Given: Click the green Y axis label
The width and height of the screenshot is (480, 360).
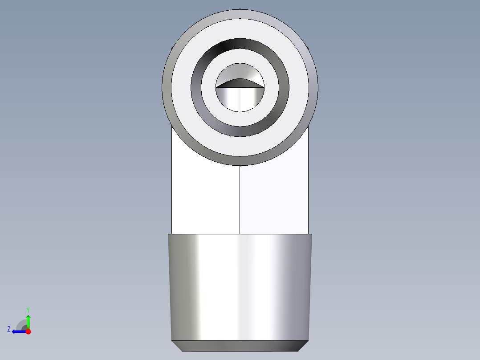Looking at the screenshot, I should tap(28, 309).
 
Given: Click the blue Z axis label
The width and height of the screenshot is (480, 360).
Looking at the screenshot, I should tap(9, 329).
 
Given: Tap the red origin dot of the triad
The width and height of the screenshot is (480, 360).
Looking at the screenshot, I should tap(28, 331).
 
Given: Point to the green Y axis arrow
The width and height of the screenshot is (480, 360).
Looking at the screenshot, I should tap(28, 321).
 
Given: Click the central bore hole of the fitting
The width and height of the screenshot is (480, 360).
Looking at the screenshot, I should tap(240, 98).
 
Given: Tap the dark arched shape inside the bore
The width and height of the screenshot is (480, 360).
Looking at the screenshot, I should tap(240, 84).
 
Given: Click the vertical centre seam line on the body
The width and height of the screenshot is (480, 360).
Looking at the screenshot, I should tap(240, 200).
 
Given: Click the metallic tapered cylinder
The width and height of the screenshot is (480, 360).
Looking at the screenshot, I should tap(240, 285).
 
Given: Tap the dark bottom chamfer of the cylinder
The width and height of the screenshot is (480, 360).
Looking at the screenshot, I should tap(240, 346).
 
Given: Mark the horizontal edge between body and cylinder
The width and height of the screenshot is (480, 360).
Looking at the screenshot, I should tap(205, 234).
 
